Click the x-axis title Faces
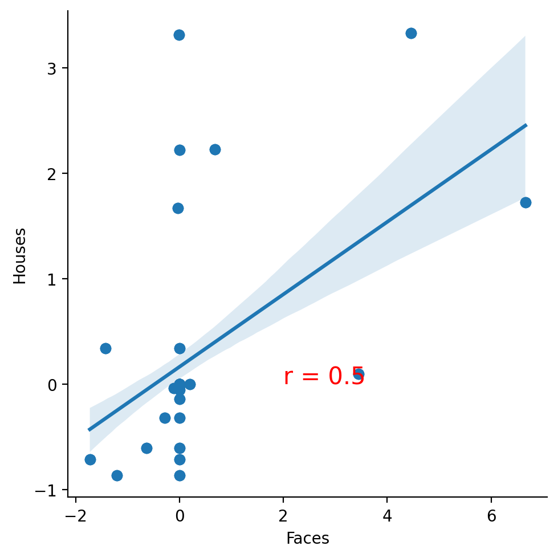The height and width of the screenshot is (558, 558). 308,538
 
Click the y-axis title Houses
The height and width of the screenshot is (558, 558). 19,256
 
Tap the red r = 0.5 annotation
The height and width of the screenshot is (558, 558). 324,376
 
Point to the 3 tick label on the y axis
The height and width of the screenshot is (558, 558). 52,68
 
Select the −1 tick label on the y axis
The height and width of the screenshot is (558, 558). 46,491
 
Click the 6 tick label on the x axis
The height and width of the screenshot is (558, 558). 491,516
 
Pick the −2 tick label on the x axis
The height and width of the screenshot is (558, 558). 76,516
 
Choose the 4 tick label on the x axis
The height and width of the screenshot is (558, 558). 387,516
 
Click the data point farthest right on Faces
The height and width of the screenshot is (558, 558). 526,202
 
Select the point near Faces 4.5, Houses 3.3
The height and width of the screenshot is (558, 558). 411,34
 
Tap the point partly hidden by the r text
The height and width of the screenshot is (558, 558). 359,374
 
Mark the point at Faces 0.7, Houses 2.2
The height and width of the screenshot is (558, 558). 215,149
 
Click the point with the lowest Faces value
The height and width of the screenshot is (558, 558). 91,459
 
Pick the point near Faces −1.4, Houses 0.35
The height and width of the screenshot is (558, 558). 105,348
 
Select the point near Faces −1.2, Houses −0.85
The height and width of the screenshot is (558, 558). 117,475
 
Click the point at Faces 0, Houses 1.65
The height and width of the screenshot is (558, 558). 178,208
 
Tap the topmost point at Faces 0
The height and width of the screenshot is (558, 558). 179,35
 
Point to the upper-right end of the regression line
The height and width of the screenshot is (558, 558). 526,125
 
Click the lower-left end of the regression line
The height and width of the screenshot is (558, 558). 88,430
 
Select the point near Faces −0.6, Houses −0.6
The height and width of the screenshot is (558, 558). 146,448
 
